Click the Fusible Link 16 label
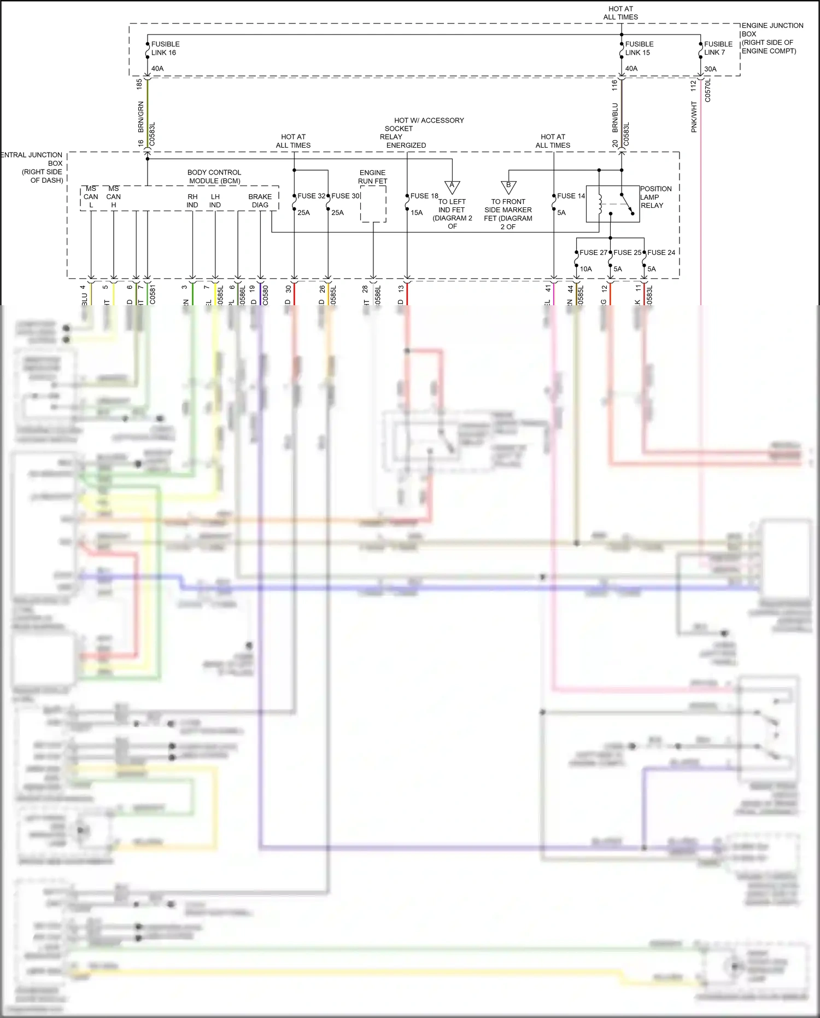[165, 48]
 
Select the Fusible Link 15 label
[639, 48]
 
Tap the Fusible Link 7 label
[718, 48]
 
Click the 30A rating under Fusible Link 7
[710, 69]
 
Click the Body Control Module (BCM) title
[214, 176]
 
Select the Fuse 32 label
[311, 196]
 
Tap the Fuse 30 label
[345, 196]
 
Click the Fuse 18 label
[424, 196]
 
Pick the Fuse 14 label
[571, 196]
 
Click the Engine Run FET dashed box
[373, 204]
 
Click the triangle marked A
[452, 187]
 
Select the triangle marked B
[508, 187]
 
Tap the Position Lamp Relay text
[655, 197]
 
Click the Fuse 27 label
[593, 252]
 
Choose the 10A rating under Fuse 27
[585, 269]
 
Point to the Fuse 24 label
[661, 252]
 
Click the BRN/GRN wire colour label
[140, 117]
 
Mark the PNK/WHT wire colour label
[694, 117]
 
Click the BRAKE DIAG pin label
[260, 201]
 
